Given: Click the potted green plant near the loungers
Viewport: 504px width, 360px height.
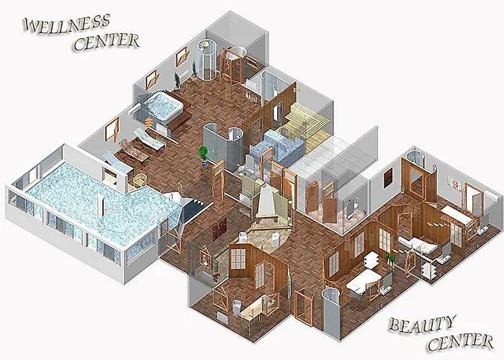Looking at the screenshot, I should tap(204, 154).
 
